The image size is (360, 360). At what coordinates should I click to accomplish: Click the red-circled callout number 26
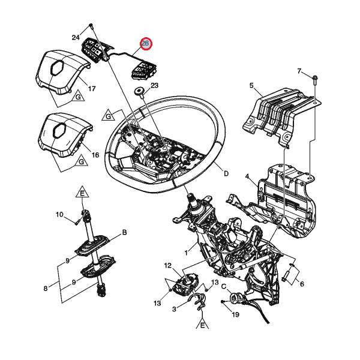(x=146, y=43)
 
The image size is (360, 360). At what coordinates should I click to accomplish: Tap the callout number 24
(x=76, y=37)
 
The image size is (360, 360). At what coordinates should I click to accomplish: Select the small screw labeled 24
(x=91, y=26)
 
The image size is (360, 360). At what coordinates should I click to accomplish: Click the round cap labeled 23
(x=139, y=91)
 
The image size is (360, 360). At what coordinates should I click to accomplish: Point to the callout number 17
(x=92, y=88)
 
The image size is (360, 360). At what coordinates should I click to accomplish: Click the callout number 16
(x=95, y=155)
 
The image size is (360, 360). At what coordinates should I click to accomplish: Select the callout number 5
(x=251, y=85)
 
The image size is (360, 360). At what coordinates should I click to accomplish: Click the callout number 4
(x=247, y=176)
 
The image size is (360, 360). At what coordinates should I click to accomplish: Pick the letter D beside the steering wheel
(x=226, y=173)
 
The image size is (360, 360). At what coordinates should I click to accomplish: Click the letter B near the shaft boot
(x=124, y=232)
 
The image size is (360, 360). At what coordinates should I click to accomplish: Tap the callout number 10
(x=59, y=214)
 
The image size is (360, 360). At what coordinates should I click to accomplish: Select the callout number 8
(x=46, y=289)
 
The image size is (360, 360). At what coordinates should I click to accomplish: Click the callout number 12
(x=168, y=265)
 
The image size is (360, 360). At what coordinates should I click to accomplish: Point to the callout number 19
(x=236, y=314)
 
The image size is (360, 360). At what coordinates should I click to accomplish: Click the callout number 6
(x=302, y=284)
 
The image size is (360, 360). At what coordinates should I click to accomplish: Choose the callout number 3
(x=174, y=309)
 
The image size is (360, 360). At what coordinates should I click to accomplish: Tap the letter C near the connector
(x=224, y=287)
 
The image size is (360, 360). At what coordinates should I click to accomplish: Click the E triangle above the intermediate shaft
(x=82, y=193)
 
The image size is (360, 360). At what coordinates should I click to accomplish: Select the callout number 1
(x=186, y=253)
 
